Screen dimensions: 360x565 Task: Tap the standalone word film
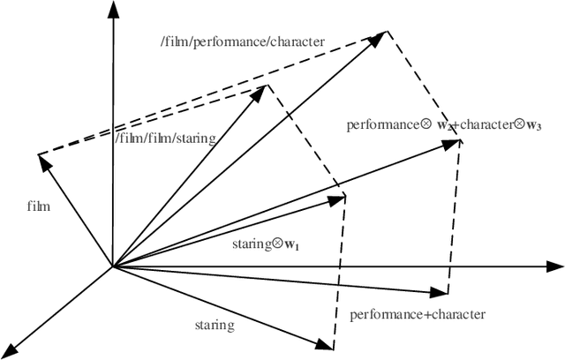point(39,207)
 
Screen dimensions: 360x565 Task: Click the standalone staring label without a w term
point(215,325)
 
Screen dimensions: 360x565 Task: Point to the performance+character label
point(418,314)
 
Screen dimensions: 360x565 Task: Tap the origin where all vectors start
point(111,265)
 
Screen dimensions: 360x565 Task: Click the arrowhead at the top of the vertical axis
point(111,9)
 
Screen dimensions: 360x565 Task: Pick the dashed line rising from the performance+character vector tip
point(454,221)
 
